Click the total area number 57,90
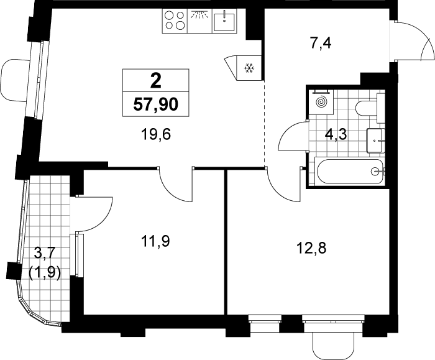pyautogui.click(x=155, y=104)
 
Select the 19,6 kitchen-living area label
pyautogui.click(x=155, y=135)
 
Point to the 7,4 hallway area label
pyautogui.click(x=321, y=44)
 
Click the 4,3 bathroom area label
pyautogui.click(x=336, y=135)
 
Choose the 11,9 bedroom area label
pyautogui.click(x=155, y=241)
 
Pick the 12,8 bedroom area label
pyautogui.click(x=311, y=248)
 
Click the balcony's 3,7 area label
pyautogui.click(x=44, y=253)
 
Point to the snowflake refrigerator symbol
pyautogui.click(x=249, y=68)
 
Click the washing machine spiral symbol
pyautogui.click(x=322, y=102)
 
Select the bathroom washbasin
pyautogui.click(x=376, y=141)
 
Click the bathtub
pyautogui.click(x=349, y=171)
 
